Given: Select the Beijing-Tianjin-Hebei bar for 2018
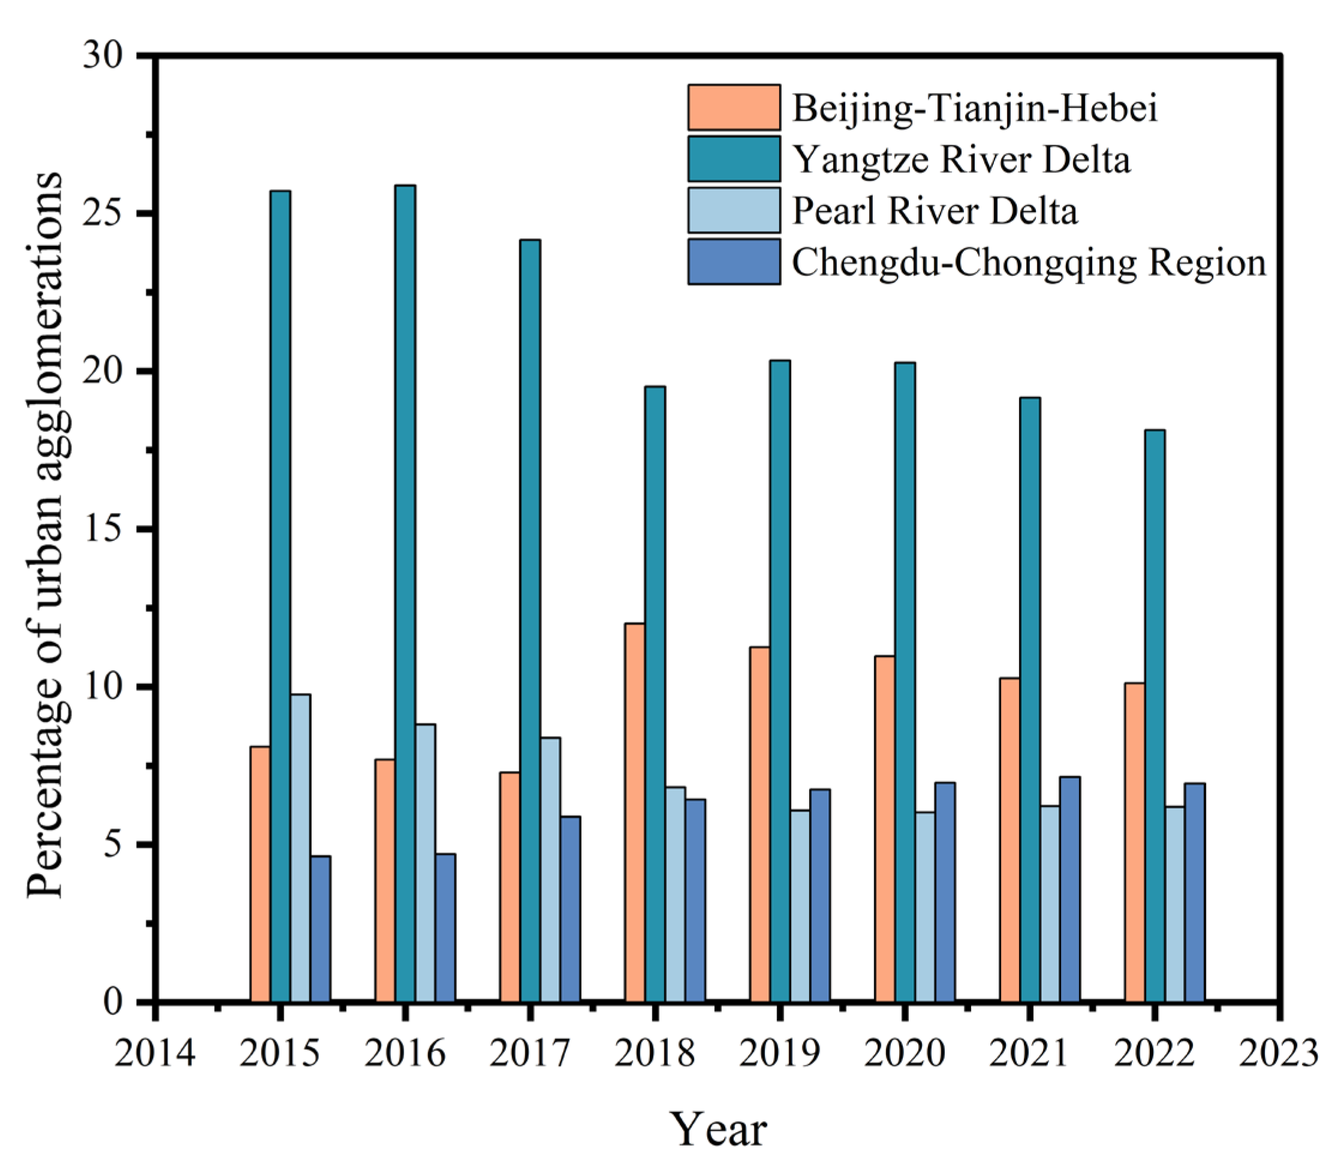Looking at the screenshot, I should click(x=635, y=813).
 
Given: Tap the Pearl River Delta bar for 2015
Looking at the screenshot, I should click(x=300, y=848).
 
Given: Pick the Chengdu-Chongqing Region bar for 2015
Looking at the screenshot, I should click(x=320, y=929).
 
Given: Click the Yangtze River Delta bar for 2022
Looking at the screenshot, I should click(x=1155, y=715).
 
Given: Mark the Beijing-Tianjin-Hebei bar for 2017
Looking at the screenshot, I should click(x=510, y=887).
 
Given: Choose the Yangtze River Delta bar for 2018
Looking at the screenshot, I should click(x=655, y=693).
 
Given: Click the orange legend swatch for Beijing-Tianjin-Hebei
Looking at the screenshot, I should click(x=734, y=107).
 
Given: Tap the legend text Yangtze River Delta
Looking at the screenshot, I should click(x=962, y=160).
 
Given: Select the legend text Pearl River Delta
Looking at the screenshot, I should click(x=935, y=211).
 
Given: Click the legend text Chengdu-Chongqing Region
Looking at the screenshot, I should click(x=1029, y=263).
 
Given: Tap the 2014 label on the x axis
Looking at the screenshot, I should click(x=155, y=1053).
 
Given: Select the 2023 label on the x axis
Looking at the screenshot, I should click(x=1279, y=1053).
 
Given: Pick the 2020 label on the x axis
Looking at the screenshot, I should click(x=904, y=1053).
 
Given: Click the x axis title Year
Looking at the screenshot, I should click(x=718, y=1130).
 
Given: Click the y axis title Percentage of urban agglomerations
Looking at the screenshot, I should click(x=46, y=535).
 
